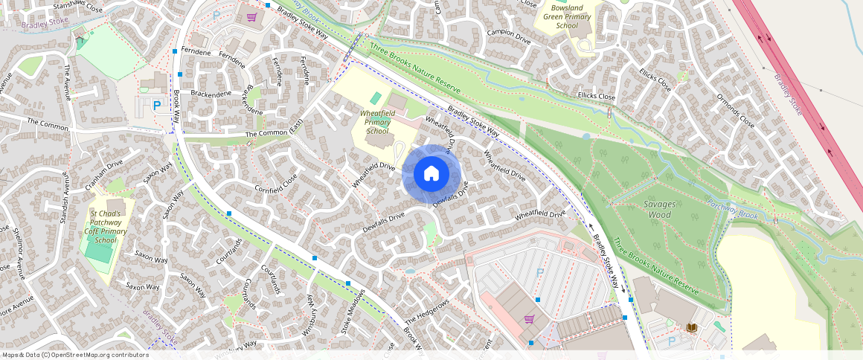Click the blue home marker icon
431,174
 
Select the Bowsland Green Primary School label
567,16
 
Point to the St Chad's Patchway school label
106,226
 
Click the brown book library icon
692,327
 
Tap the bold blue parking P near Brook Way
156,106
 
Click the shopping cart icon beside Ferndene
252,16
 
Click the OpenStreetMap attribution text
76,355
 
